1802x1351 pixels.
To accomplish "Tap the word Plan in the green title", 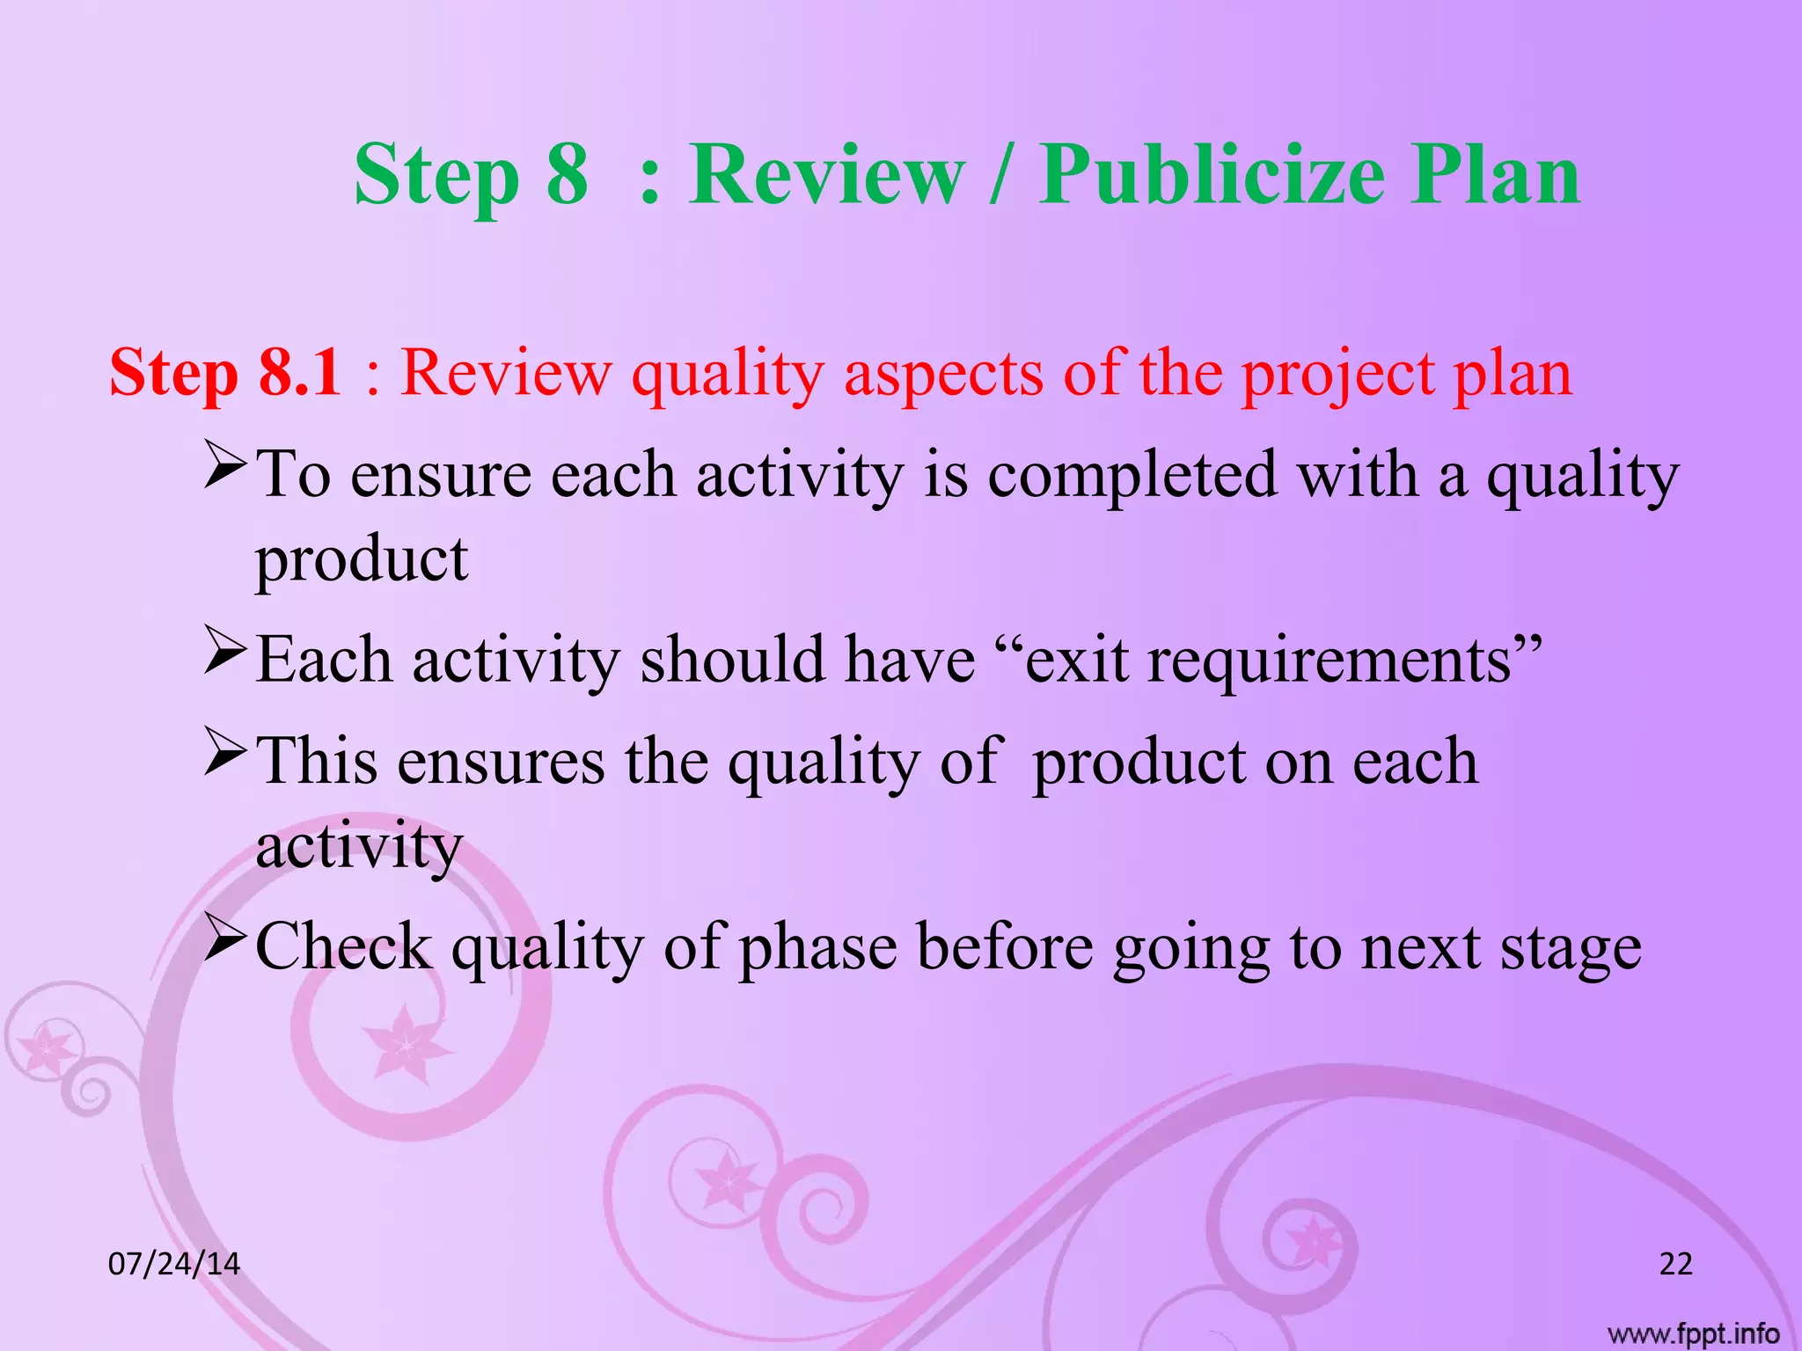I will point(1495,175).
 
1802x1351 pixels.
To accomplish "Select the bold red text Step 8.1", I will point(225,373).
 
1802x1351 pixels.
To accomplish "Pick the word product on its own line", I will point(362,561).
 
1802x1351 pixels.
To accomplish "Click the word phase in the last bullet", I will point(817,950).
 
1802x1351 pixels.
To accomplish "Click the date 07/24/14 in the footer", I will point(173,1264).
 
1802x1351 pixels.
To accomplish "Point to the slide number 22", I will point(1675,1264).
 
